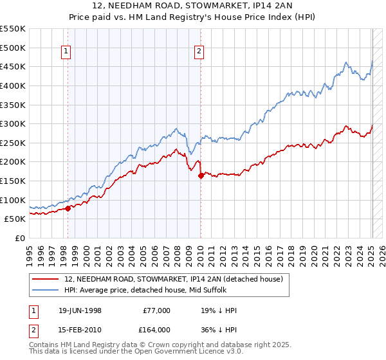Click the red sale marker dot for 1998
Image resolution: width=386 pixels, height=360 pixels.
pos(68,208)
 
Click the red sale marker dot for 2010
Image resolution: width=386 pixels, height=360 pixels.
pos(201,175)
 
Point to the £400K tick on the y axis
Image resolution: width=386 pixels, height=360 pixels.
pos(12,85)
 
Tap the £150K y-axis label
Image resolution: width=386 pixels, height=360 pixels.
pos(12,181)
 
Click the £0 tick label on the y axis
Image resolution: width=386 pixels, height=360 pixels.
pos(19,238)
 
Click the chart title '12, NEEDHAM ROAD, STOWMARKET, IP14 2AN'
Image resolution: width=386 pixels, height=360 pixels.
pos(193,7)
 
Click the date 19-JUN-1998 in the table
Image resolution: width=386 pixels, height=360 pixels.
pos(78,310)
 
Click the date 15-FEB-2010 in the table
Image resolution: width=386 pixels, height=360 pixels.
pos(78,329)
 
